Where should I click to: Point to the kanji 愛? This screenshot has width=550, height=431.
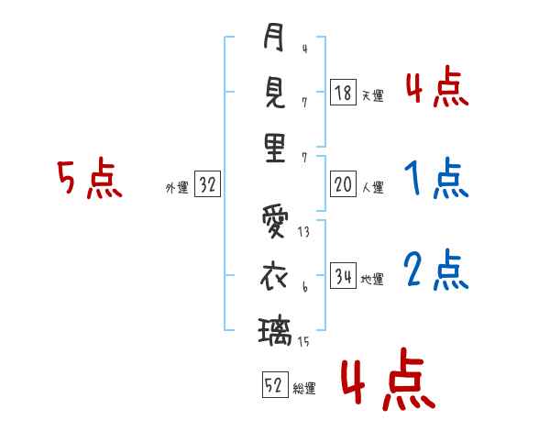(274, 223)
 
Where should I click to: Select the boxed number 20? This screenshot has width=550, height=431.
(343, 185)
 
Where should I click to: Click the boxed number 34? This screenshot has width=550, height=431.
(343, 276)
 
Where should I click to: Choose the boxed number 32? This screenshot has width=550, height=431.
(207, 185)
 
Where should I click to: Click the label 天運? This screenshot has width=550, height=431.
(372, 95)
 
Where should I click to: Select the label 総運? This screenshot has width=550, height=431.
(304, 388)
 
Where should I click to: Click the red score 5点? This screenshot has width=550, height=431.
(89, 181)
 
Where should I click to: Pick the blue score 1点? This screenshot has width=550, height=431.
(434, 179)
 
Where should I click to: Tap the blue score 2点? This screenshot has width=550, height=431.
(434, 271)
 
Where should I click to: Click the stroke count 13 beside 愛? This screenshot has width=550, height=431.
(303, 233)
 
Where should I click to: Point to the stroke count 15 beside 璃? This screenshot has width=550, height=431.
(303, 342)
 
